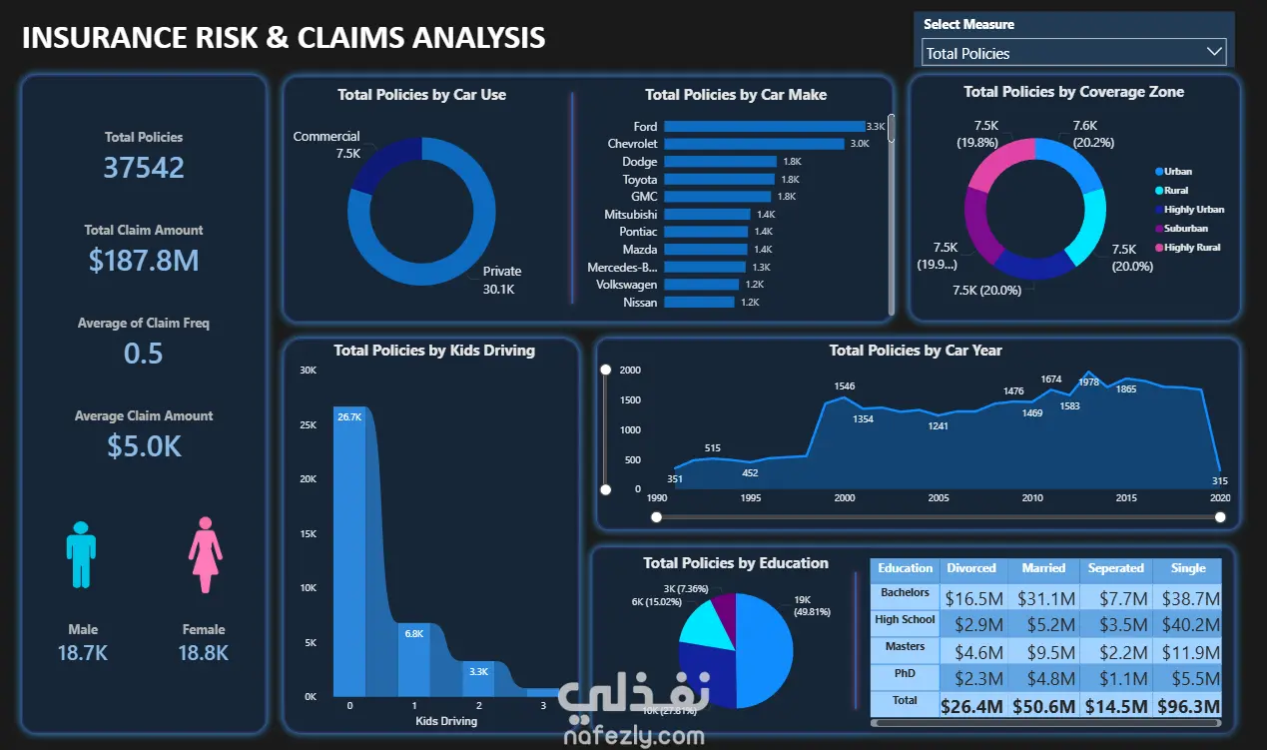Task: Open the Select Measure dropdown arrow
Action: pyautogui.click(x=1214, y=52)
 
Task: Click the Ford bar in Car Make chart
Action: pyautogui.click(x=764, y=126)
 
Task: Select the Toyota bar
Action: pyautogui.click(x=719, y=180)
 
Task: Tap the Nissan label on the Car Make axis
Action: pyautogui.click(x=640, y=302)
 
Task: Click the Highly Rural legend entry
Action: pyautogui.click(x=1192, y=248)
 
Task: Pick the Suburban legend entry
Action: pyautogui.click(x=1185, y=229)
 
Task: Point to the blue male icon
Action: pyautogui.click(x=82, y=553)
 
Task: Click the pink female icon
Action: pyautogui.click(x=205, y=553)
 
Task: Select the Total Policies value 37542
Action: pyautogui.click(x=144, y=167)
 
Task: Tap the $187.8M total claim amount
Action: pyautogui.click(x=144, y=261)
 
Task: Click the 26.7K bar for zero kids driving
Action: pyautogui.click(x=349, y=549)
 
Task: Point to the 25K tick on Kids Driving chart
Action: pyautogui.click(x=309, y=425)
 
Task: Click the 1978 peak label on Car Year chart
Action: pyautogui.click(x=1089, y=382)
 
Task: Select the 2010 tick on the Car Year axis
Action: pyautogui.click(x=1032, y=498)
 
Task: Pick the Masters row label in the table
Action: pyautogui.click(x=905, y=647)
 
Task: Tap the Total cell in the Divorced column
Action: pyautogui.click(x=971, y=706)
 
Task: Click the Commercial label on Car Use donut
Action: pyautogui.click(x=326, y=137)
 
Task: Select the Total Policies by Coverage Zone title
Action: pyautogui.click(x=1073, y=92)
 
